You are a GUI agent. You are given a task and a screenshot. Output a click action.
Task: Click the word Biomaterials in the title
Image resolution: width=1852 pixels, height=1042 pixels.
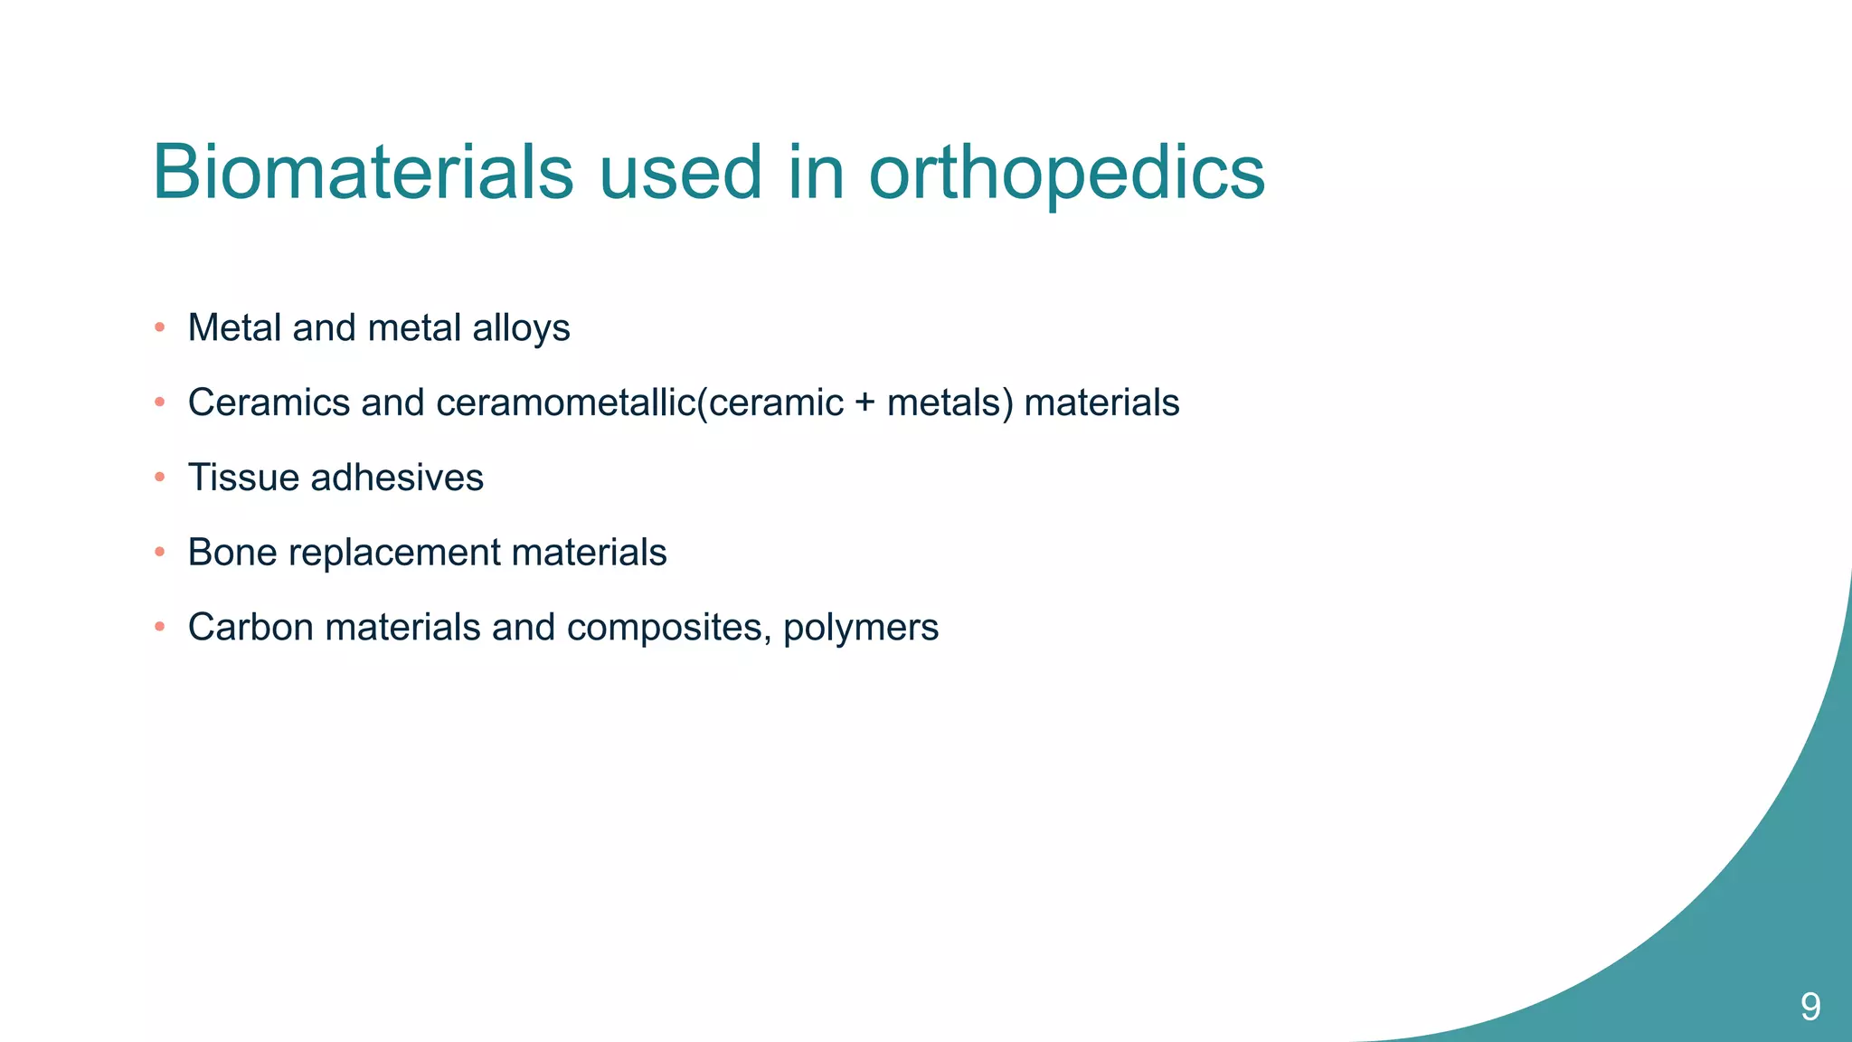tap(363, 172)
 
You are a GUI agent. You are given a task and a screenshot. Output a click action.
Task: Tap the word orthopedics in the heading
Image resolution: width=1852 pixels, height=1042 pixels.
tap(1066, 174)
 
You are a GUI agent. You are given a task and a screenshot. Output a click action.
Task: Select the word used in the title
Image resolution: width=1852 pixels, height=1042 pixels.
tap(680, 172)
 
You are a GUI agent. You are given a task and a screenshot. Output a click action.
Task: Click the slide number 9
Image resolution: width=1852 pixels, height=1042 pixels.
tap(1810, 1007)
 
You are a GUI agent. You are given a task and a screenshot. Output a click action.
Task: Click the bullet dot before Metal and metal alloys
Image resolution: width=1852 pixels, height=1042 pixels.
tap(160, 327)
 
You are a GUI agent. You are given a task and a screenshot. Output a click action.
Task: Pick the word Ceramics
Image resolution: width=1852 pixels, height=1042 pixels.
tap(269, 403)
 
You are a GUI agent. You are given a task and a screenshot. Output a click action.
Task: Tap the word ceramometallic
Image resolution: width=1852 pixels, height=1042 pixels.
tap(565, 403)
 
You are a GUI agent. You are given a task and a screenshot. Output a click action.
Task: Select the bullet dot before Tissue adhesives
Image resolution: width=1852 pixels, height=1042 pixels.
tap(160, 478)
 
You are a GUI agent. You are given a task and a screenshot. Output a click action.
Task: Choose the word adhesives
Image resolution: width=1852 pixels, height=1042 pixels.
tap(397, 478)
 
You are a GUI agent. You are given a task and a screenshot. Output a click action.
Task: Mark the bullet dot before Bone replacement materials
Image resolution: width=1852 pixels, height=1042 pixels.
tap(160, 553)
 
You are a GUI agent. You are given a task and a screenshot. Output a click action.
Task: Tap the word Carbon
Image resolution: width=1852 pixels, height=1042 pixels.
tap(250, 628)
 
